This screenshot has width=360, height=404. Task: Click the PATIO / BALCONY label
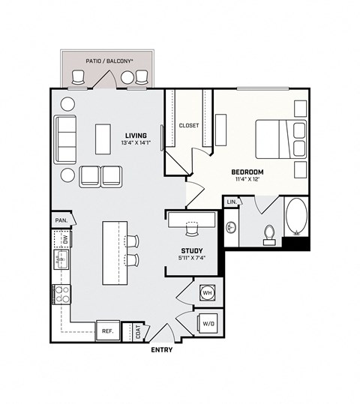pyautogui.click(x=109, y=59)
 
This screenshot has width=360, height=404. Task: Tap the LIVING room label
pyautogui.click(x=136, y=136)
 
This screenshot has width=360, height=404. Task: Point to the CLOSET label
pyautogui.click(x=189, y=125)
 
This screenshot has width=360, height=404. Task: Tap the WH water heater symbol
pyautogui.click(x=206, y=293)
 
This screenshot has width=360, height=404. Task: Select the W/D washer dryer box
pyautogui.click(x=206, y=324)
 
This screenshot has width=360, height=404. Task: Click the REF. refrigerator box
pyautogui.click(x=107, y=331)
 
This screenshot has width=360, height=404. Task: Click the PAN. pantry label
pyautogui.click(x=60, y=220)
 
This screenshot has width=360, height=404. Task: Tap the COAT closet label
pyautogui.click(x=137, y=331)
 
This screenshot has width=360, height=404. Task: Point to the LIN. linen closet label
pyautogui.click(x=232, y=202)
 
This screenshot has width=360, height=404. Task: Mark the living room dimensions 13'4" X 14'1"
pyautogui.click(x=136, y=145)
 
